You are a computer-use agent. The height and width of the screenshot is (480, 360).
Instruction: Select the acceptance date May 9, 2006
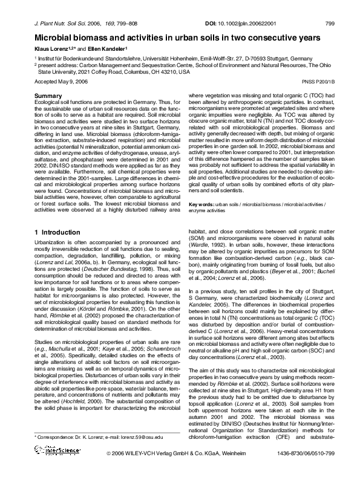pyautogui.click(x=69, y=80)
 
